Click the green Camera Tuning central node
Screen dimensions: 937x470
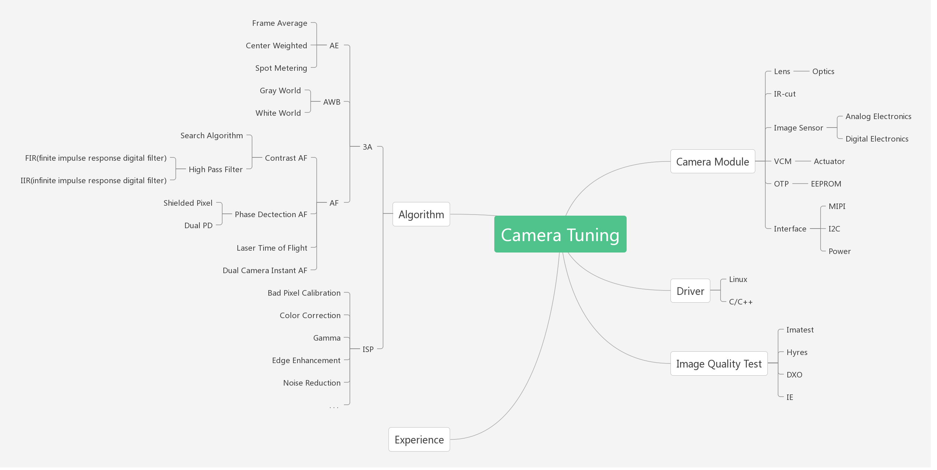click(560, 234)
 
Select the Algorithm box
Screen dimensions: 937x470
click(421, 214)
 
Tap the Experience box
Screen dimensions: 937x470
click(419, 439)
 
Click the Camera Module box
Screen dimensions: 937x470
click(713, 161)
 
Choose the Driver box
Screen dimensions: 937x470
click(690, 291)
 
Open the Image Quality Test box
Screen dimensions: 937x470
click(718, 364)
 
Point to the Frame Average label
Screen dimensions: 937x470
click(279, 23)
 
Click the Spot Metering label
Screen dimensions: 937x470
click(281, 68)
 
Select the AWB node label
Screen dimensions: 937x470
click(332, 102)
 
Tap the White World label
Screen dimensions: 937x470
click(278, 113)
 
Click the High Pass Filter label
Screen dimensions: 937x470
click(216, 170)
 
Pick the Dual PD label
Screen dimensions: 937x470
click(198, 226)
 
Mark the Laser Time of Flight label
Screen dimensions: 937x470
click(272, 248)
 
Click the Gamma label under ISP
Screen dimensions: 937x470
click(327, 338)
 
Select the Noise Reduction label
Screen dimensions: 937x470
click(311, 383)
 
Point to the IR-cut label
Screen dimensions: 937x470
click(784, 94)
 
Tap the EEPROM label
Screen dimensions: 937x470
click(826, 184)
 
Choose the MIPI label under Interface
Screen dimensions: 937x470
click(837, 206)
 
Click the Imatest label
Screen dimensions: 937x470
click(800, 330)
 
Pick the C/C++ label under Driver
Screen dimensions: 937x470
click(741, 302)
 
